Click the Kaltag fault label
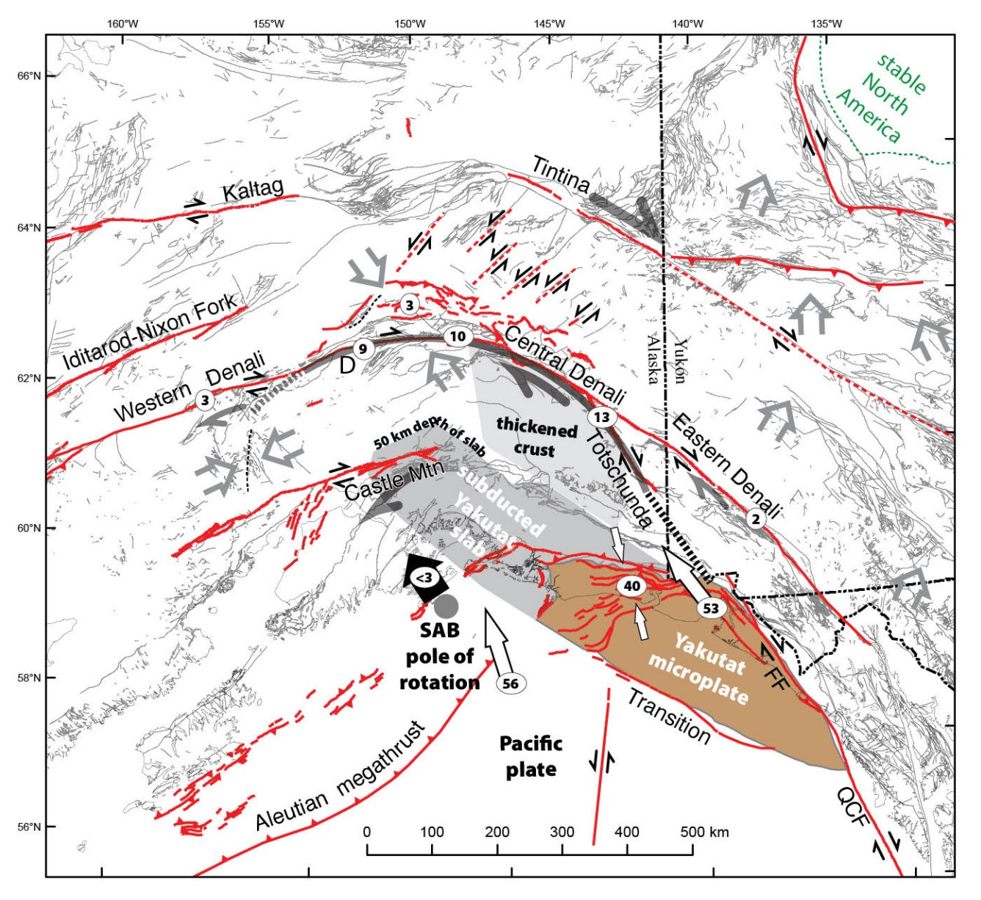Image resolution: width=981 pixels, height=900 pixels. click(253, 190)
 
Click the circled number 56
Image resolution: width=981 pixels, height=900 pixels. click(511, 683)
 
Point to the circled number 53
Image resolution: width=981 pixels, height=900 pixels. click(710, 609)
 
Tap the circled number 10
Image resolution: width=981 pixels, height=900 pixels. click(456, 337)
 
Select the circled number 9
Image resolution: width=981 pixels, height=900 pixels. click(361, 347)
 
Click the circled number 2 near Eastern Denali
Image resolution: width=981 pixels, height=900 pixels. click(756, 518)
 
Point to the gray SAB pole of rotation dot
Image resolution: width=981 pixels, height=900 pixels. click(446, 606)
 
